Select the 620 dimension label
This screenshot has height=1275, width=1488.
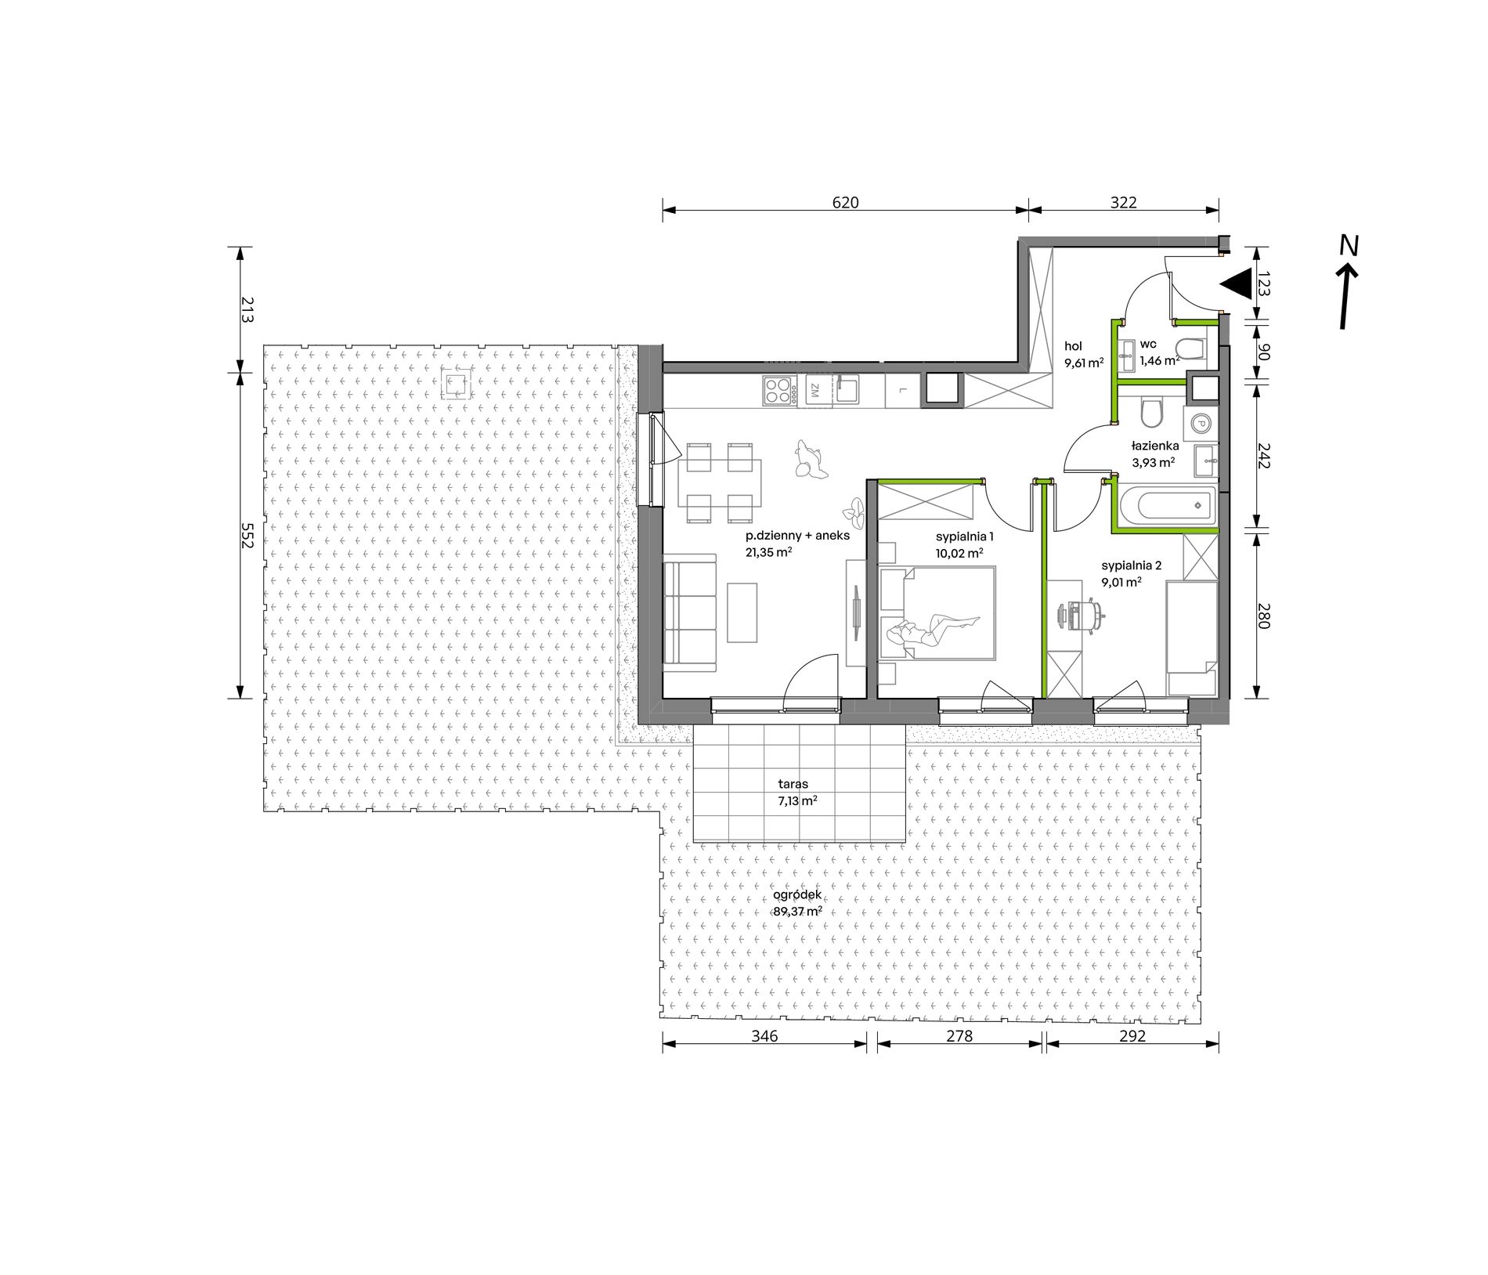(845, 202)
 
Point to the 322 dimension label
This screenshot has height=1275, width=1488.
(1123, 202)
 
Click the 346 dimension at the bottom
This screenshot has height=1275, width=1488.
(764, 1036)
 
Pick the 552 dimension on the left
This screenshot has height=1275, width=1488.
(247, 535)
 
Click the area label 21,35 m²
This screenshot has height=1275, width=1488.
(768, 551)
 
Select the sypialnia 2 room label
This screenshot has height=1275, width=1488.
(1132, 565)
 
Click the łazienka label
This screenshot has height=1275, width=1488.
(1155, 446)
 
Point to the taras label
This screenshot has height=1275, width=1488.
(793, 783)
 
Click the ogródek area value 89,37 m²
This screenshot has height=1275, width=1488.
(798, 912)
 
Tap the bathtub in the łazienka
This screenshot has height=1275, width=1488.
(1165, 507)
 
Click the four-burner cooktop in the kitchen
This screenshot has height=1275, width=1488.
(777, 390)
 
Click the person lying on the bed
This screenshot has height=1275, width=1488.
(934, 629)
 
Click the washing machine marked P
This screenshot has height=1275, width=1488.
(1200, 423)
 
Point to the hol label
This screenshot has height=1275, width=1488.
(1073, 346)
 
